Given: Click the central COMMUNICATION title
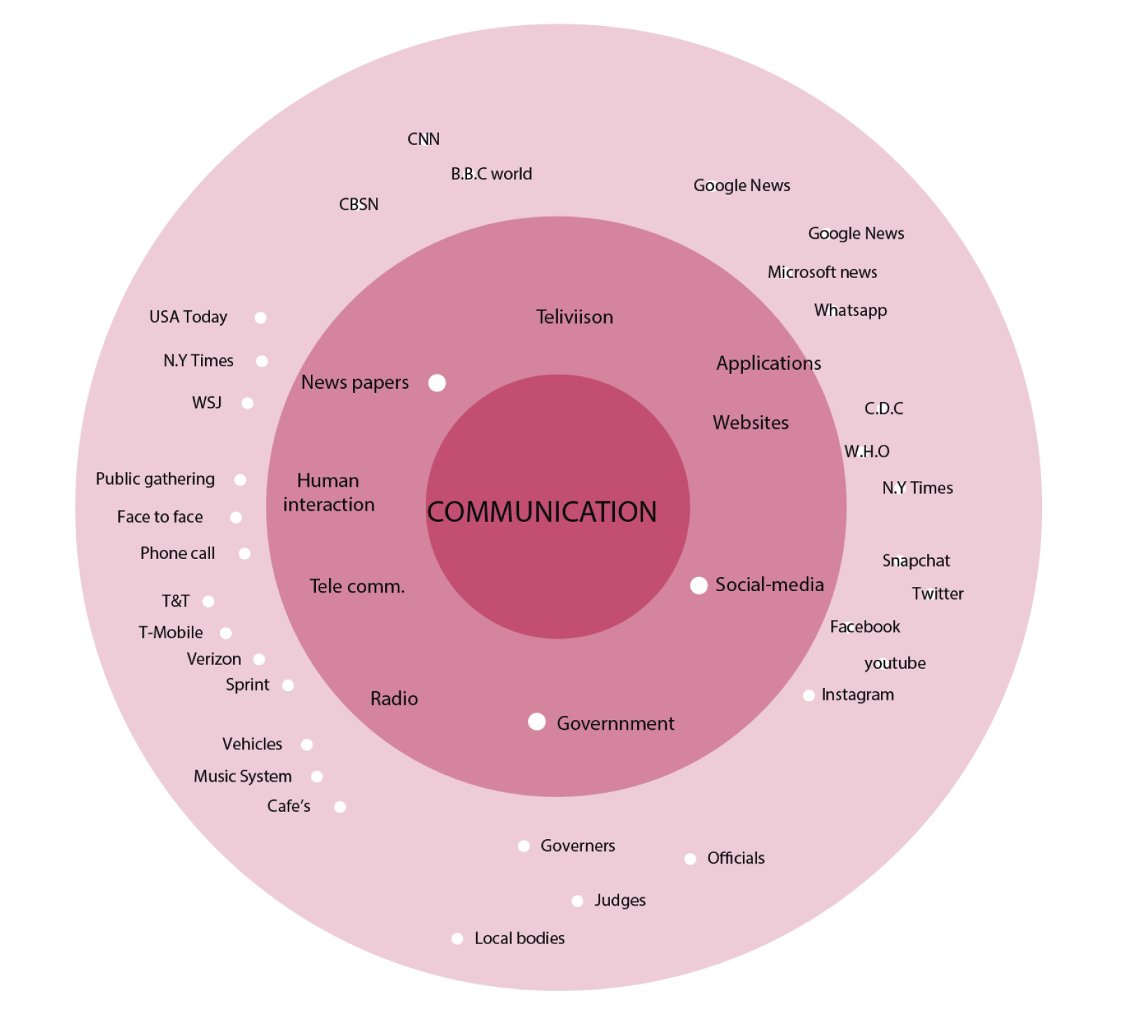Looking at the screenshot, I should [542, 512].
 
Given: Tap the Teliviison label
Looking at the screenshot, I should [574, 317].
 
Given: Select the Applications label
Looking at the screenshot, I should [768, 363].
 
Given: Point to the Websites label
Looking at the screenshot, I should [750, 422].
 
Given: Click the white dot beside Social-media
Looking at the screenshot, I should [698, 586].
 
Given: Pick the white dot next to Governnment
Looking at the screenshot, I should [536, 721].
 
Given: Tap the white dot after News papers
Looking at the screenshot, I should [437, 382].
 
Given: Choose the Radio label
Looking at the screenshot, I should [394, 698].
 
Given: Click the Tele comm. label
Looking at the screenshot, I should [357, 586].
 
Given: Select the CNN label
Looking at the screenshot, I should [424, 139].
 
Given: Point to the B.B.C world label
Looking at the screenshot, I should [491, 174].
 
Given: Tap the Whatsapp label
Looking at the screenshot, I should [850, 310].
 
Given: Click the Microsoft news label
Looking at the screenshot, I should [822, 272].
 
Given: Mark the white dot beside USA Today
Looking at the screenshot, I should [260, 317].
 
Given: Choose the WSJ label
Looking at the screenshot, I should [207, 403].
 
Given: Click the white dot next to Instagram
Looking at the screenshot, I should [809, 696].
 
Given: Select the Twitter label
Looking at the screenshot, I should [937, 594].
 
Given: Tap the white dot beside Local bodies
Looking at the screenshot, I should [457, 939].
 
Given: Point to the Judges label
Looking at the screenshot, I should [620, 900].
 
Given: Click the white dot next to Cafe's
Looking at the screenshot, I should [340, 807].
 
